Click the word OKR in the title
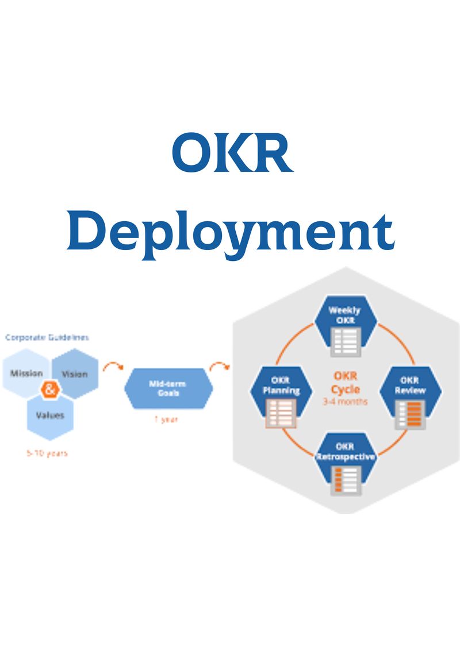coord(232,154)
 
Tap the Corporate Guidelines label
coord(47,337)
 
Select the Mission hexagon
coord(26,374)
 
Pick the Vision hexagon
coord(75,374)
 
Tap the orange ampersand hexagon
coord(50,390)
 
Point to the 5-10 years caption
coord(47,453)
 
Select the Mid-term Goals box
coord(168,389)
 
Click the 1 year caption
coord(166,420)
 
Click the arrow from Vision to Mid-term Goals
coord(112,366)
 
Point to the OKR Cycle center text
coord(346,382)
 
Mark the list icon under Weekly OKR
coord(345,341)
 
